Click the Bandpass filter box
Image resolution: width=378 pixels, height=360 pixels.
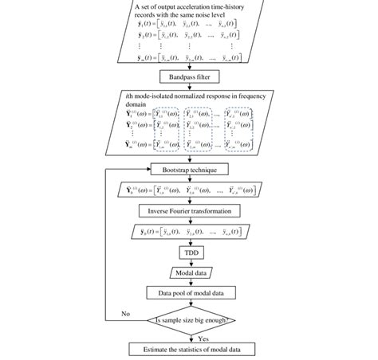click(x=188, y=76)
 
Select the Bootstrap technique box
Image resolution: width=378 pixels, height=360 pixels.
click(x=188, y=169)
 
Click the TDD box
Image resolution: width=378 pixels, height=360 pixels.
click(x=188, y=252)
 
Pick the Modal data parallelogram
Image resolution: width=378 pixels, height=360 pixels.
click(x=188, y=272)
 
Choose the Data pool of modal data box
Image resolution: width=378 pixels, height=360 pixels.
click(x=188, y=292)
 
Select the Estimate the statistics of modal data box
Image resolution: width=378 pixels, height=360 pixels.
click(x=188, y=348)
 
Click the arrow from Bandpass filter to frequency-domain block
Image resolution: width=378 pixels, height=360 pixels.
click(x=188, y=87)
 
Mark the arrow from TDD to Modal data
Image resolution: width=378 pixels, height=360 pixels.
click(x=188, y=262)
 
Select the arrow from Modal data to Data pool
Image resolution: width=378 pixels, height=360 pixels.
click(x=188, y=282)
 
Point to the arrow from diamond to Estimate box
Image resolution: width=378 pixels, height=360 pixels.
click(x=188, y=338)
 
